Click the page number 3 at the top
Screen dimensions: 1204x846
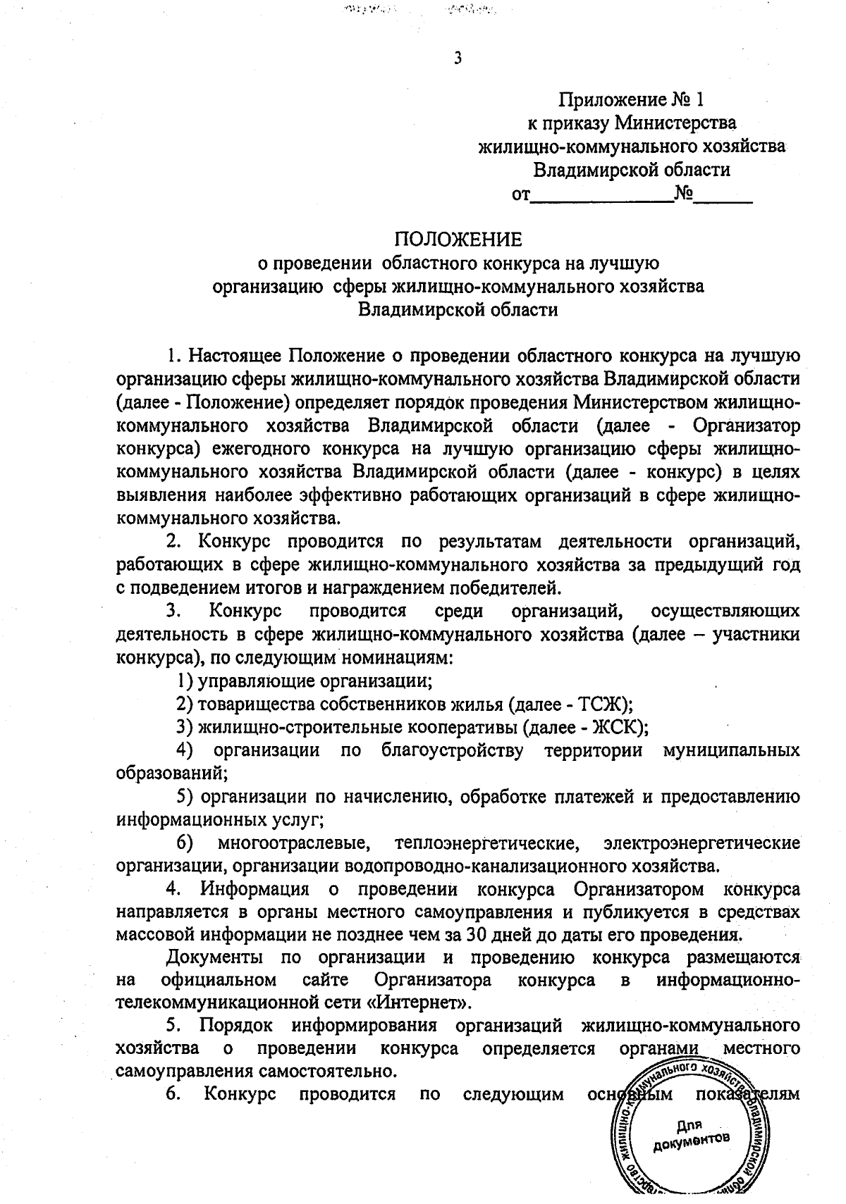point(458,58)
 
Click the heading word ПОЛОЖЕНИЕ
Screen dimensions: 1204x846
point(458,240)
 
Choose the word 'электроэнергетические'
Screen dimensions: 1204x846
point(701,843)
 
